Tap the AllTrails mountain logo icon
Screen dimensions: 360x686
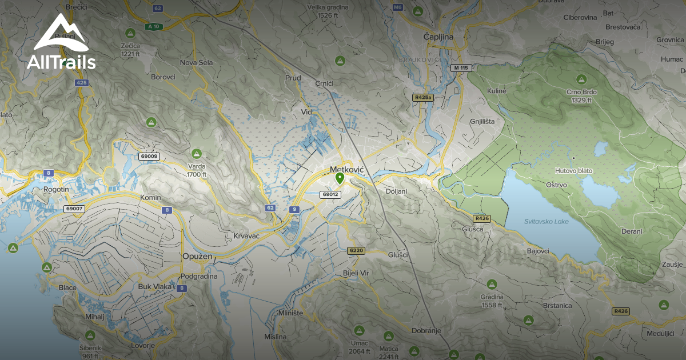point(61,35)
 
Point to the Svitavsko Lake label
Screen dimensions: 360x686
point(546,221)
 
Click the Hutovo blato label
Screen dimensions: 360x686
point(573,170)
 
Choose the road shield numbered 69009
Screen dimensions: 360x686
point(149,156)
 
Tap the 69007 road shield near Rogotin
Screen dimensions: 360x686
point(74,209)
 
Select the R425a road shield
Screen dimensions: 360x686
point(423,98)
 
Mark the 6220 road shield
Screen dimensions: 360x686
point(356,250)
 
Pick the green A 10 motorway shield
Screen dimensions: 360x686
point(153,26)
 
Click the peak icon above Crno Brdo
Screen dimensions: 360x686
point(582,79)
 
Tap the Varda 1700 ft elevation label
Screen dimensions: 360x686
point(197,171)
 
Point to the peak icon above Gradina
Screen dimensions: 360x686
point(492,283)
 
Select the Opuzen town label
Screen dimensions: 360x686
point(197,257)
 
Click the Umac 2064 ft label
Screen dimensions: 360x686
point(359,347)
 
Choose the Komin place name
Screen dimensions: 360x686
point(151,197)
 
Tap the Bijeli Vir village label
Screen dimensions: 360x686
point(356,273)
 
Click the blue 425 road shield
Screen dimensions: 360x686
point(82,83)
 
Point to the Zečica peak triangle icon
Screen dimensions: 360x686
point(130,31)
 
